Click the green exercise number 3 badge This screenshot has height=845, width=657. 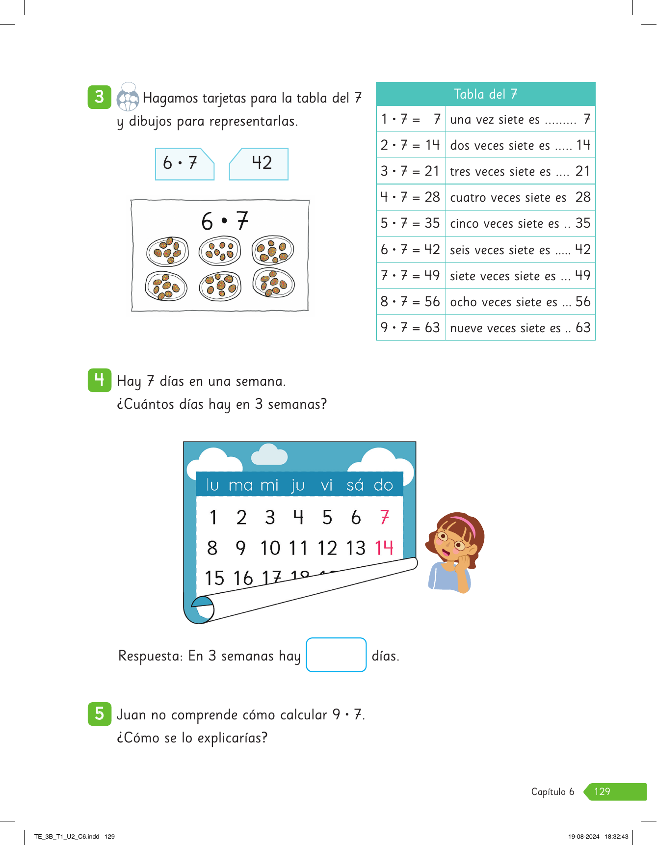[x=100, y=97]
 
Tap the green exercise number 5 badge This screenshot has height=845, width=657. [x=100, y=713]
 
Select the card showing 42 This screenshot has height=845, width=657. [x=259, y=164]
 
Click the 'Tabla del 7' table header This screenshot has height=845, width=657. [x=485, y=94]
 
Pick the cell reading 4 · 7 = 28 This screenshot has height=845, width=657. [x=411, y=197]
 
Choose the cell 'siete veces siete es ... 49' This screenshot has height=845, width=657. [x=520, y=276]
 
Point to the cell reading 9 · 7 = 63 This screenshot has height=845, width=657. [x=411, y=328]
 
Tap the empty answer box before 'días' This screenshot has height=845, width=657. [x=336, y=655]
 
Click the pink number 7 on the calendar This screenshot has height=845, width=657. [x=385, y=517]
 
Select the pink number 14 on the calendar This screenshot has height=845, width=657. [x=384, y=548]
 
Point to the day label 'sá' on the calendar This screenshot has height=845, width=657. [x=355, y=485]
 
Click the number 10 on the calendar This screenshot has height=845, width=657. [x=270, y=548]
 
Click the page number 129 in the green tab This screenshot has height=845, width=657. [x=602, y=792]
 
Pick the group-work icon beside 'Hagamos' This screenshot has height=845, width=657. [x=128, y=97]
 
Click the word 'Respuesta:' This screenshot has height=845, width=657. [x=151, y=656]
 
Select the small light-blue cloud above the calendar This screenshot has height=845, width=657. [x=269, y=455]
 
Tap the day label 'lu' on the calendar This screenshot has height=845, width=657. [x=212, y=485]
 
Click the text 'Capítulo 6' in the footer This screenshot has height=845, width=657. [x=552, y=792]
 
